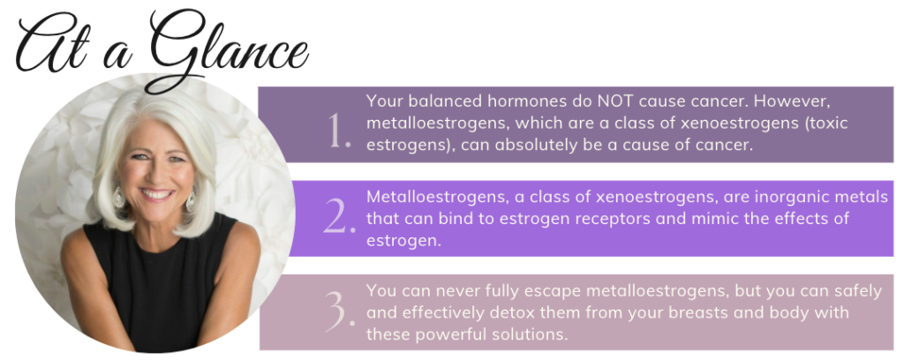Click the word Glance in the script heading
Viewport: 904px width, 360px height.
coord(228,49)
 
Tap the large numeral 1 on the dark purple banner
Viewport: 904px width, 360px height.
coord(339,131)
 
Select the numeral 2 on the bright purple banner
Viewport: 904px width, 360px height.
coord(340,218)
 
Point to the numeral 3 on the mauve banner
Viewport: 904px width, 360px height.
coord(340,312)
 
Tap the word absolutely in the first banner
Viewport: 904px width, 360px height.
coord(546,146)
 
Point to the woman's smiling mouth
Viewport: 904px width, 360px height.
coord(157,194)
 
